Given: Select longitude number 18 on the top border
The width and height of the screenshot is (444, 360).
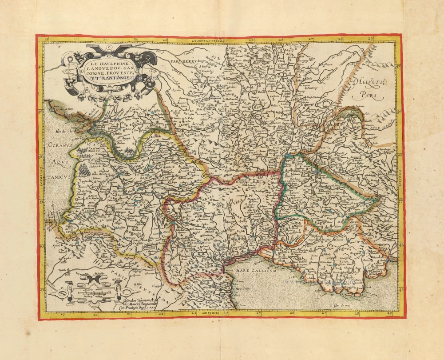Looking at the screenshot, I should pyautogui.click(x=47, y=40).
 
